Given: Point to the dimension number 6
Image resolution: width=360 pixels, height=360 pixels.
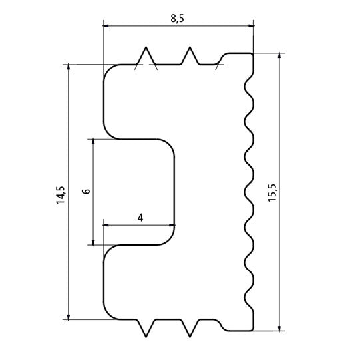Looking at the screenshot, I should tap(85, 192).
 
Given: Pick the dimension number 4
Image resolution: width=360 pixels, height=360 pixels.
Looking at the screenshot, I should tap(140, 217).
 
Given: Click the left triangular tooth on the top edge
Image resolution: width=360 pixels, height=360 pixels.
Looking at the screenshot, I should tap(145, 55).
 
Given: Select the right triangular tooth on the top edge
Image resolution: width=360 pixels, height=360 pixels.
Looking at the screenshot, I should tap(190, 55).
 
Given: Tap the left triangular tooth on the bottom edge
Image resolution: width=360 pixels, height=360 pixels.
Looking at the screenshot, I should tap(146, 330).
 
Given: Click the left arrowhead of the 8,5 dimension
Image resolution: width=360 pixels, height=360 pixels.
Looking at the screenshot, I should tap(106, 26).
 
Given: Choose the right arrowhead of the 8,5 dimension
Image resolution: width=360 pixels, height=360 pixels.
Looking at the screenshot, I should tap(251, 26).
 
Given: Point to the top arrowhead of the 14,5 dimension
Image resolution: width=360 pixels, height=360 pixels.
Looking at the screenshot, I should tap(69, 68).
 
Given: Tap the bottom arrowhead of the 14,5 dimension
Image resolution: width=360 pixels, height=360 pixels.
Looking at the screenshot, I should tap(69, 316).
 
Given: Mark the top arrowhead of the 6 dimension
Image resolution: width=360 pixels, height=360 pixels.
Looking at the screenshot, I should tap(93, 142).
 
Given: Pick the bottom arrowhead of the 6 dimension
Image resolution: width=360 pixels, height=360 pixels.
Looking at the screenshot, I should tap(93, 240).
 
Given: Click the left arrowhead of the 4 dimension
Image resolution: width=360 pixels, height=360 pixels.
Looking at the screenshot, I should tap(107, 225).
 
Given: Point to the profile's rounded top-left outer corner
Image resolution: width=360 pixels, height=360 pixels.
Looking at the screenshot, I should tap(109, 70).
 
